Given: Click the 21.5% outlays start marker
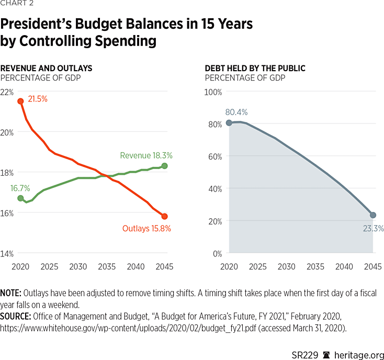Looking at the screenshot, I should coord(20,102).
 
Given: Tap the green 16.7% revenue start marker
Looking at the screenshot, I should coord(20,198).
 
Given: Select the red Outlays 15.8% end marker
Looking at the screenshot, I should coord(164,216).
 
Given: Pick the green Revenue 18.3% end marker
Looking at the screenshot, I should coord(164,166).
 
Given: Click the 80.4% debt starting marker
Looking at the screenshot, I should coord(229,123).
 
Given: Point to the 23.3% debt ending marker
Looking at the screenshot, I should coord(372,215).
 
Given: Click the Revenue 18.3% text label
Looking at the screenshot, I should coord(146,155).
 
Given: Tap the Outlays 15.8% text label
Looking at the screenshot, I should coord(146,228).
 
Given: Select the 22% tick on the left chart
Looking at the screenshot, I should coord(7,92).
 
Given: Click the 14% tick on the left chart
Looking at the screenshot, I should coord(7,253).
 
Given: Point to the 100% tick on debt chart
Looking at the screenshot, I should coord(213,92).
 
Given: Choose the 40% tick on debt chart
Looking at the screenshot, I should coord(214,188).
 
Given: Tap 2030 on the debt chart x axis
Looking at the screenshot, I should coord(287,266).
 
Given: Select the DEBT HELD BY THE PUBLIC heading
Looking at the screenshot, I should coord(255,69).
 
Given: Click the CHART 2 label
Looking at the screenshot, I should coord(15,6).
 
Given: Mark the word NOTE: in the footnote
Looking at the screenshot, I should coord(11,293).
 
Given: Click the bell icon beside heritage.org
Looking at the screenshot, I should coord(326,347).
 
